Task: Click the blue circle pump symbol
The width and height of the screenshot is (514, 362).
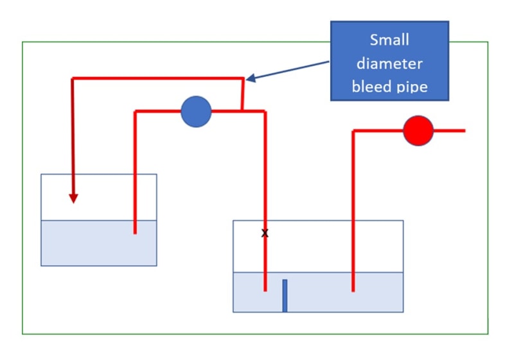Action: (x=196, y=112)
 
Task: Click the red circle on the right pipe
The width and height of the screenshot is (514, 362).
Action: (x=418, y=131)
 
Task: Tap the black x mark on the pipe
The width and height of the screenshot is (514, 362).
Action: (x=265, y=233)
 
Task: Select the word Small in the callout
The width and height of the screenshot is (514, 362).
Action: (x=389, y=40)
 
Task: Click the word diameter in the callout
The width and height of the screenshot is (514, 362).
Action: (x=389, y=63)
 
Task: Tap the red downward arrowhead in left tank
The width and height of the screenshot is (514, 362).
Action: (x=74, y=198)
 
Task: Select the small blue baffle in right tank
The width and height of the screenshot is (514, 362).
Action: (x=285, y=295)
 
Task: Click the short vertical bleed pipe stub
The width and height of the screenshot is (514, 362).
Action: (x=242, y=95)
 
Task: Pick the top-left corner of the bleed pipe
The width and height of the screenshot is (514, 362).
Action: (x=73, y=79)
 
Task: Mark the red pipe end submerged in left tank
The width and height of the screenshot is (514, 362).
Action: (x=135, y=232)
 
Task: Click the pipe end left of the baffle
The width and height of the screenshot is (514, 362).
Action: (x=265, y=289)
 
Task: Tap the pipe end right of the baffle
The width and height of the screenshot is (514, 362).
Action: (x=353, y=289)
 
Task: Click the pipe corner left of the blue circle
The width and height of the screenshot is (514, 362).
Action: (x=136, y=112)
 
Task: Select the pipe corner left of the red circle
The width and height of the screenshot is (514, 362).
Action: (x=353, y=131)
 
